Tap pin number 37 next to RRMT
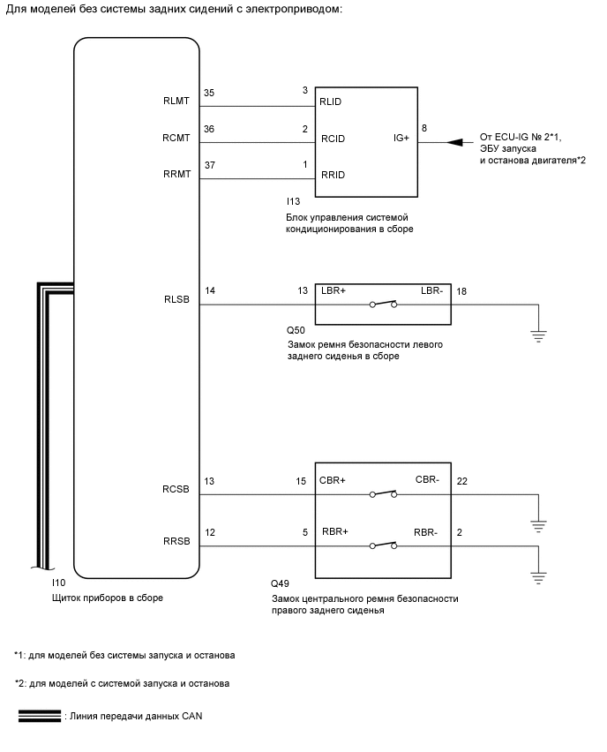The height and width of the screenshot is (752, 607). click(x=209, y=164)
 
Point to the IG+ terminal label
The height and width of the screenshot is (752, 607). click(x=401, y=138)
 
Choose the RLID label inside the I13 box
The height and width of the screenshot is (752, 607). click(x=332, y=102)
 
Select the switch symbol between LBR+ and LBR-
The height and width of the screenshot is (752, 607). click(x=383, y=305)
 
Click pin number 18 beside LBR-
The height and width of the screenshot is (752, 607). click(x=461, y=290)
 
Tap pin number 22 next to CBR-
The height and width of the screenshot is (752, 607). click(x=461, y=481)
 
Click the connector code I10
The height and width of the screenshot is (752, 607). click(x=59, y=584)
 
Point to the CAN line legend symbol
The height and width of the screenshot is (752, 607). click(x=37, y=716)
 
